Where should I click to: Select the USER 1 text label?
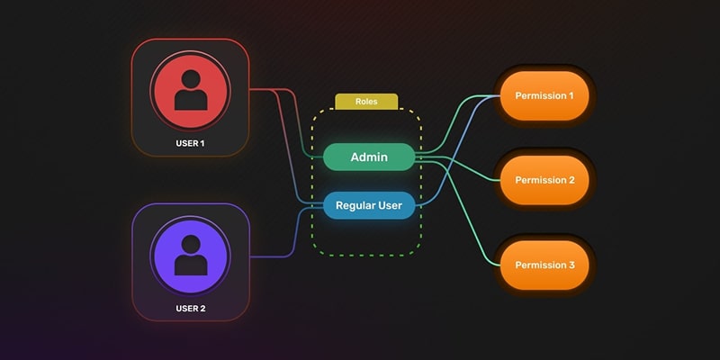(x=190, y=143)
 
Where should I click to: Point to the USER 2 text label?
(x=190, y=309)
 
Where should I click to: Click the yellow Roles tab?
(x=366, y=102)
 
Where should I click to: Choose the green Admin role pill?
(x=369, y=157)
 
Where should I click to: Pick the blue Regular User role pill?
(x=369, y=205)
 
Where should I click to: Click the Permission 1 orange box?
(x=543, y=95)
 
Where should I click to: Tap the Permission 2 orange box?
(x=544, y=180)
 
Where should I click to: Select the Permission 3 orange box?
(x=544, y=265)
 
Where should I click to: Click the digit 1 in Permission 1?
(x=571, y=95)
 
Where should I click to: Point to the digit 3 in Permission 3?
(x=571, y=265)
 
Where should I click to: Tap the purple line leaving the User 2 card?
(x=270, y=256)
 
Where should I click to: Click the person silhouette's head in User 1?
(x=190, y=79)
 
